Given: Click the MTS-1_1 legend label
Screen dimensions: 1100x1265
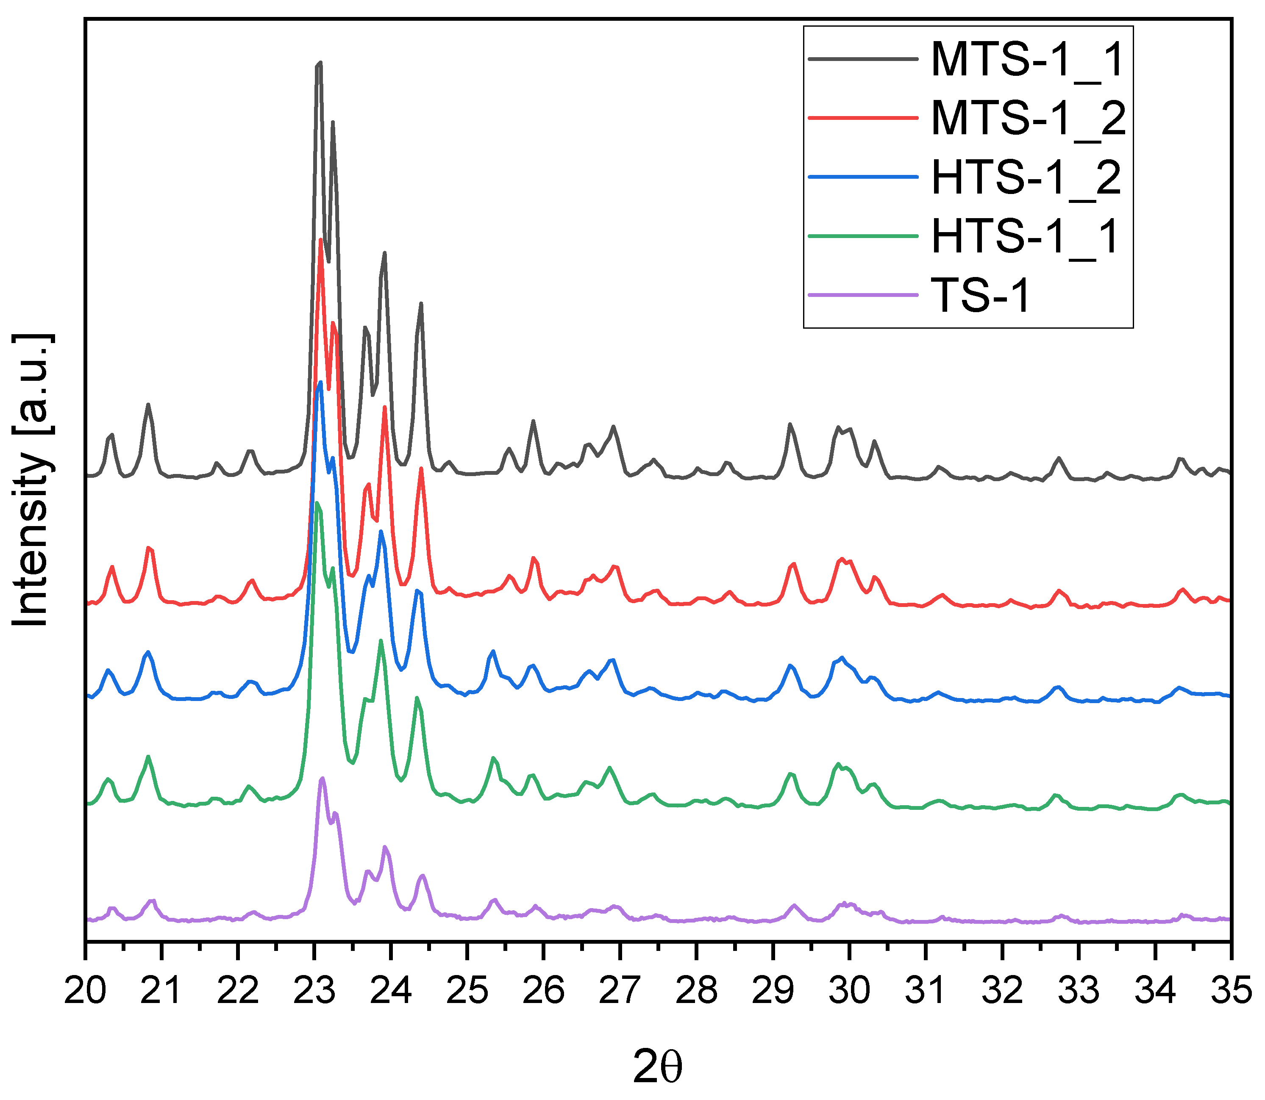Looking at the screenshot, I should pyautogui.click(x=1027, y=60).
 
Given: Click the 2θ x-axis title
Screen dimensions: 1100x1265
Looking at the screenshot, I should pyautogui.click(x=657, y=1068).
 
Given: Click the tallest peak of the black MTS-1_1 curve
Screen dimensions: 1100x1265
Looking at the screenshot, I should pyautogui.click(x=319, y=63).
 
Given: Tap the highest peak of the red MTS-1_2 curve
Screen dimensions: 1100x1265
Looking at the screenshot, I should pyautogui.click(x=320, y=240).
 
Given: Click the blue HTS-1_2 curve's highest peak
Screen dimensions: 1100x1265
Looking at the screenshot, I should pyautogui.click(x=320, y=382).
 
